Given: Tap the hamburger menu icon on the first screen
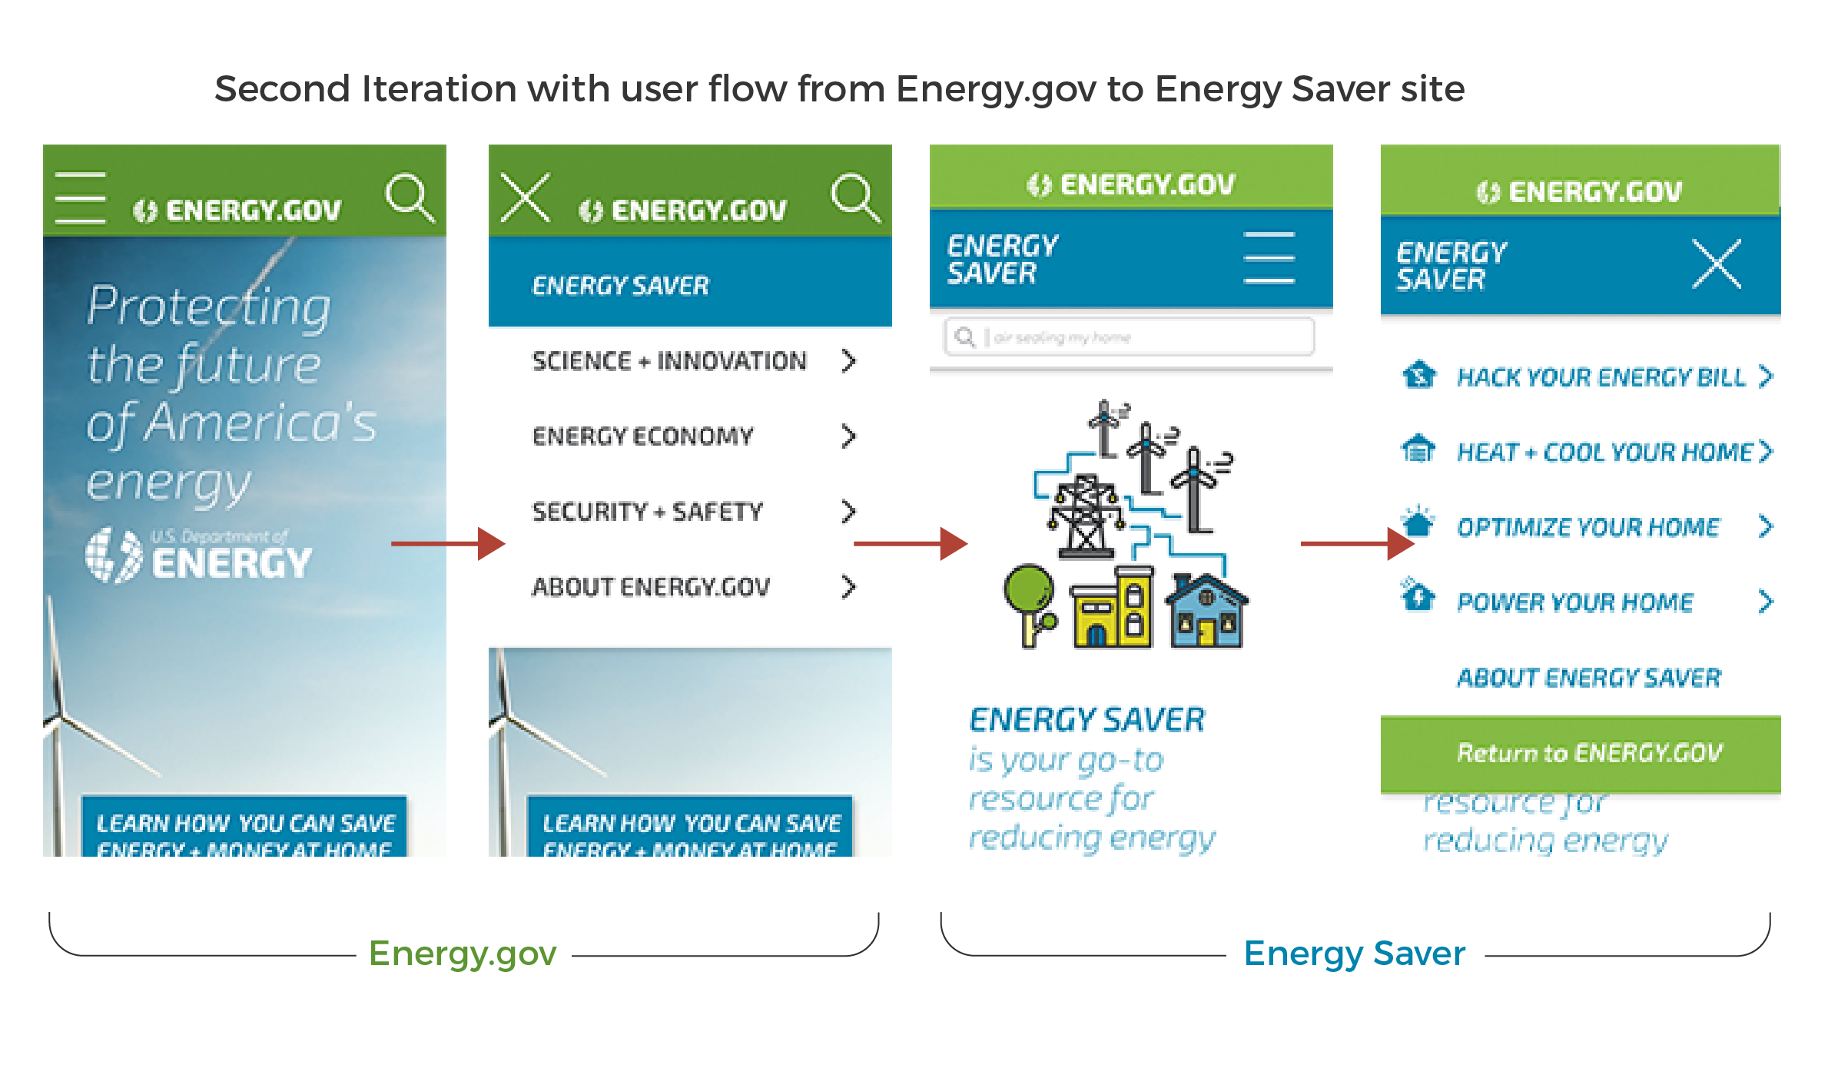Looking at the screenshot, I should click(x=81, y=197).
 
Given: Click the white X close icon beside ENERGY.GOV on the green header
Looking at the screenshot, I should click(x=526, y=197).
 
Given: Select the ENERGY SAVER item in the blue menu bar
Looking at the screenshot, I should click(x=620, y=286).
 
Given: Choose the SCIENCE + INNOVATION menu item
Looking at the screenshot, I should click(x=669, y=361).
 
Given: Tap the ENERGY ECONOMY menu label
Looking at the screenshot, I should click(x=642, y=436).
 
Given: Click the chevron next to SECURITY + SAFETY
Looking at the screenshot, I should click(x=848, y=512).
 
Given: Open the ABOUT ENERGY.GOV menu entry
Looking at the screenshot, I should click(x=651, y=587).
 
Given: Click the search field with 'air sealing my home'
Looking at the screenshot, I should click(x=1130, y=337).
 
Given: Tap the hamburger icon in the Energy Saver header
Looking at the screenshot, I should click(x=1269, y=258).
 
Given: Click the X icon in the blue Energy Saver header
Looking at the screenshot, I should click(x=1716, y=264).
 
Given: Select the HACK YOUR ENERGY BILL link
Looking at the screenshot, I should click(x=1601, y=377).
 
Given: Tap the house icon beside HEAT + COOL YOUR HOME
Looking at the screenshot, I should click(x=1418, y=449).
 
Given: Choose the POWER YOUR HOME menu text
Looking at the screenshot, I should click(x=1575, y=602).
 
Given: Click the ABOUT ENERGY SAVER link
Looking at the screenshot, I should click(x=1589, y=678).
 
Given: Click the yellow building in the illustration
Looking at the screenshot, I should click(x=1113, y=609).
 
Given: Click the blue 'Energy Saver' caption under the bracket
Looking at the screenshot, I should click(x=1355, y=954).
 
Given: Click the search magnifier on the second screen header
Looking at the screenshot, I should click(x=855, y=197).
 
